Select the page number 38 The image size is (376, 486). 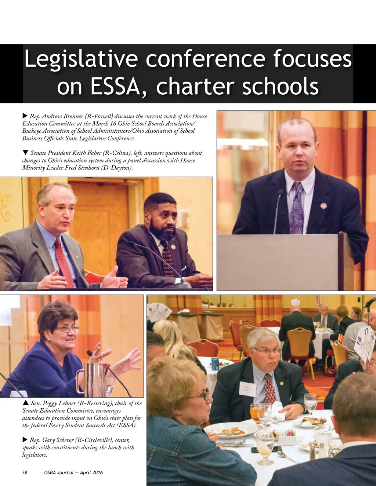click(25, 472)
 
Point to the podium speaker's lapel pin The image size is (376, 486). click(323, 206)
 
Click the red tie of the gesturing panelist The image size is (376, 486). click(64, 262)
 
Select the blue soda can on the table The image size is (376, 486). click(215, 363)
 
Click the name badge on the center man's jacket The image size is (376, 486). click(247, 389)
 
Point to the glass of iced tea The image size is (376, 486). click(255, 413)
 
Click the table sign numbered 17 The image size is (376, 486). click(366, 332)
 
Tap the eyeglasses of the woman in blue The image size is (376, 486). click(67, 329)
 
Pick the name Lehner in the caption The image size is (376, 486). click(67, 403)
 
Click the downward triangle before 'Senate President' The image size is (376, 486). click(25, 153)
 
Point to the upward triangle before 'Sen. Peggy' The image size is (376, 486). click(26, 403)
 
